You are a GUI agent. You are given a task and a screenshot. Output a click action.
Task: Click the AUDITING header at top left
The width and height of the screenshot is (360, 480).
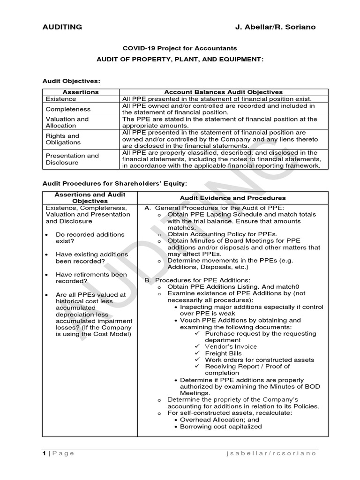[x=62, y=27]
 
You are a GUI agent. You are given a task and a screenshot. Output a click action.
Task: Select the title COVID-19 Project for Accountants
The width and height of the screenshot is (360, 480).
[x=180, y=48]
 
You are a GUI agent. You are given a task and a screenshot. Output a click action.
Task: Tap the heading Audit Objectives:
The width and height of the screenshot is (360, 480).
[x=71, y=81]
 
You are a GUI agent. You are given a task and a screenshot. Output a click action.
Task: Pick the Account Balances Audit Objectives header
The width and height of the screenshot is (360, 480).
[x=223, y=92]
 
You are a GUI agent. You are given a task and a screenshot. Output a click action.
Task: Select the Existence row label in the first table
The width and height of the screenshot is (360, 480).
[x=60, y=99]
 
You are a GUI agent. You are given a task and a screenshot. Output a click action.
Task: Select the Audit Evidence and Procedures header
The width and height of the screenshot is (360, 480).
[x=233, y=198]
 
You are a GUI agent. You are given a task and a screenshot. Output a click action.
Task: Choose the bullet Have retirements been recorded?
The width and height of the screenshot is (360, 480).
[x=91, y=277]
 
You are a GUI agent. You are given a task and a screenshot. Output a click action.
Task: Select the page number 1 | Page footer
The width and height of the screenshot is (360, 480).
[x=58, y=453]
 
